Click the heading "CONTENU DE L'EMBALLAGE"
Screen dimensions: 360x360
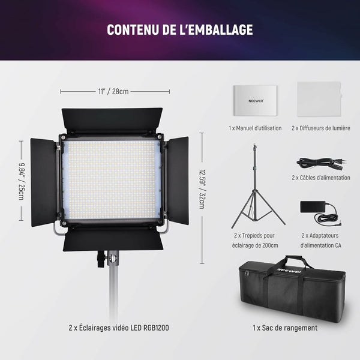tap(179, 29)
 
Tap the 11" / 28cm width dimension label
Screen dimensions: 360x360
tap(113, 91)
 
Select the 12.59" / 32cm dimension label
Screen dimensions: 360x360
tap(202, 187)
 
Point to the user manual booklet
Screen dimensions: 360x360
tap(254, 100)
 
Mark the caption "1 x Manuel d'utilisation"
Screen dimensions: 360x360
tap(255, 128)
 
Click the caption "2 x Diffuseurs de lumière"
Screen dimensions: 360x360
tap(320, 128)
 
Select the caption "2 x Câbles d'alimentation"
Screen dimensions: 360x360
tap(321, 178)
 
